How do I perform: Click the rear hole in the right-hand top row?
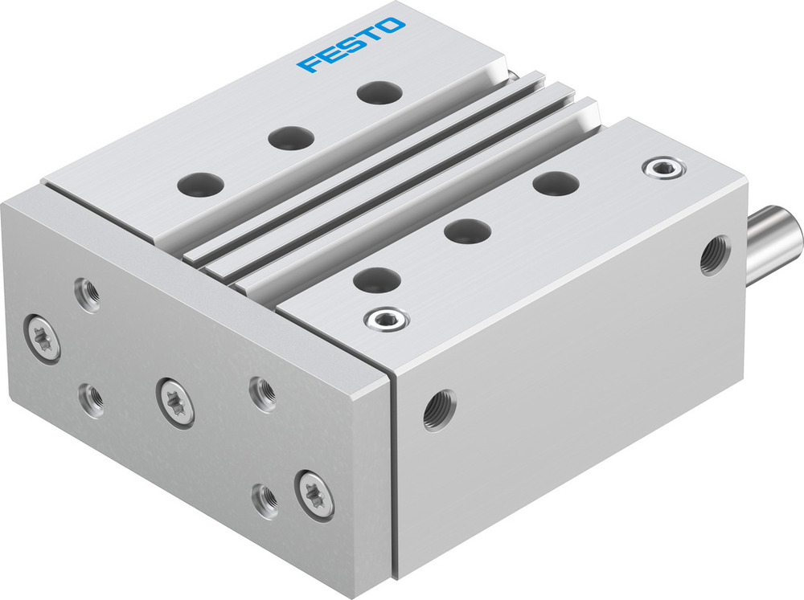point(556,183)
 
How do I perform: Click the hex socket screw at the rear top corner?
point(663,168)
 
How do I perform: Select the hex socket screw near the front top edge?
point(386,320)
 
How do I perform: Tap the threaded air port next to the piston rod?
point(714,255)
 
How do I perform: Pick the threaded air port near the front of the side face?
point(440,410)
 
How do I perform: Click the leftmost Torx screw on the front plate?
point(41,338)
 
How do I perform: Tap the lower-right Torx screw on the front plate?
point(314,492)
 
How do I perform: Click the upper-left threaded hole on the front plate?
point(88,294)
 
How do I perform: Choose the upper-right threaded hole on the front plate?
point(262,393)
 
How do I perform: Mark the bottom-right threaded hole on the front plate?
point(265,499)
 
